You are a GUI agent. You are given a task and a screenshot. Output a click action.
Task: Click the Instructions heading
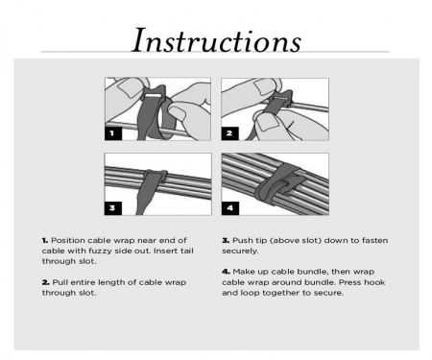216,40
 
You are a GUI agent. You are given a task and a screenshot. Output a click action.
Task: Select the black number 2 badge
229,133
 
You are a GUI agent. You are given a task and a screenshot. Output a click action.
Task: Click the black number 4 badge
229,207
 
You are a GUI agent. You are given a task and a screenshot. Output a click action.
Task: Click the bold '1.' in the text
45,239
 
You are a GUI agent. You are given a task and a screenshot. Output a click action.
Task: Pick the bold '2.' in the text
45,281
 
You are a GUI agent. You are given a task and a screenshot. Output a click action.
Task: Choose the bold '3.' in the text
226,239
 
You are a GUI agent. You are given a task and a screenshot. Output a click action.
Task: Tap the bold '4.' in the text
226,272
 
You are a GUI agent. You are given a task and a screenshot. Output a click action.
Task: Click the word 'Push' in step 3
242,239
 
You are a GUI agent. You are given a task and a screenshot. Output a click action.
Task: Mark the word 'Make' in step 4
244,272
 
